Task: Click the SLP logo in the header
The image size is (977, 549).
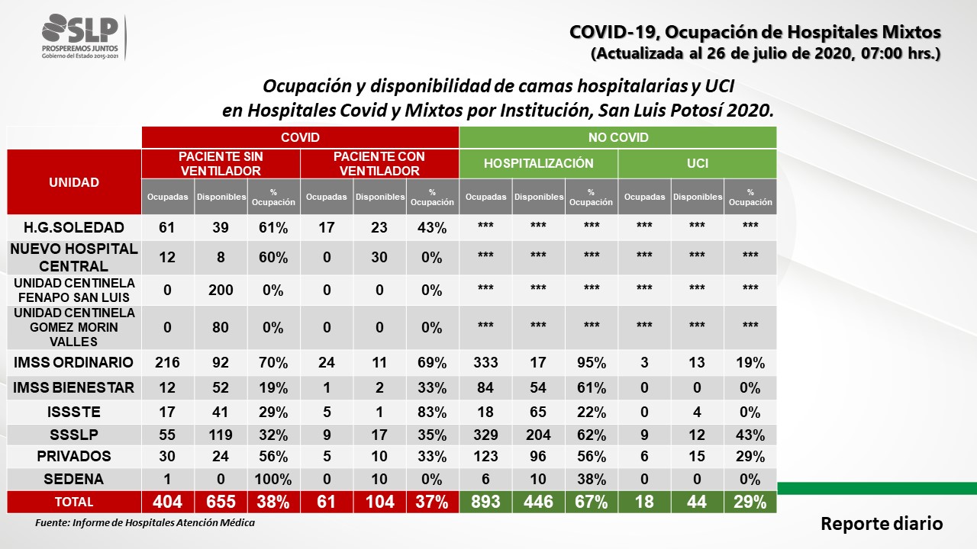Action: click(x=81, y=37)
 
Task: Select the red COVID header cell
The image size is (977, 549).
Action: click(x=300, y=137)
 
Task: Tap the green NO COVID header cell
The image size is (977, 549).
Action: click(x=618, y=137)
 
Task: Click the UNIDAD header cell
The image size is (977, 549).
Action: click(x=74, y=182)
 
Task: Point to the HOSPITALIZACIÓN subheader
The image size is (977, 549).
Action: click(x=539, y=163)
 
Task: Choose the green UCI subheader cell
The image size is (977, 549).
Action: click(x=698, y=163)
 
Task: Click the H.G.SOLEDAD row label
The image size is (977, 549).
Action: click(x=74, y=227)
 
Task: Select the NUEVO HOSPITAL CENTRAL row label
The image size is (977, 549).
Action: click(x=74, y=258)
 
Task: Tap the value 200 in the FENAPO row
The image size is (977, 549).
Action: click(x=221, y=291)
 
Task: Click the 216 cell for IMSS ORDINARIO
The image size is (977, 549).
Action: click(x=167, y=362)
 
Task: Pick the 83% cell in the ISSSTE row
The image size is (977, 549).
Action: click(x=432, y=413)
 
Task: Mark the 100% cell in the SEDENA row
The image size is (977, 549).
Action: click(x=273, y=480)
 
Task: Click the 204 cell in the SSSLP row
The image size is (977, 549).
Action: click(x=538, y=435)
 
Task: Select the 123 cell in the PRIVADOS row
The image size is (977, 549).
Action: click(x=485, y=456)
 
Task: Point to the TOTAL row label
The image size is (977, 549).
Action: click(x=74, y=502)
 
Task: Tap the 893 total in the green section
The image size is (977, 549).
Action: click(x=485, y=502)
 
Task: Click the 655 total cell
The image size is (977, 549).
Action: click(x=221, y=502)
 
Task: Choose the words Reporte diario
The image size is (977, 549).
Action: click(x=882, y=524)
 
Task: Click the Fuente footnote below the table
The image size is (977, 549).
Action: click(x=145, y=523)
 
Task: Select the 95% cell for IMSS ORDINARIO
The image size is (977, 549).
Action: click(x=592, y=362)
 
